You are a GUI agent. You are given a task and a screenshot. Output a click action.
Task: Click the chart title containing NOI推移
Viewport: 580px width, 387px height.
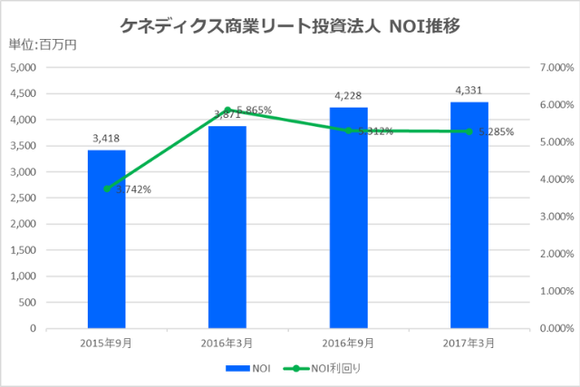click(x=290, y=26)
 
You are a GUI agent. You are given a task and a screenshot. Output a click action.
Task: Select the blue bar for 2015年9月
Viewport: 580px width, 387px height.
click(x=106, y=238)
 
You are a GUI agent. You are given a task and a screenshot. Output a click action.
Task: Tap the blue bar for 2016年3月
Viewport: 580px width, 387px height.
click(x=227, y=227)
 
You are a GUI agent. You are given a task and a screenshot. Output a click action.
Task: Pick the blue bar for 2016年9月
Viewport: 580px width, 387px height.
click(x=348, y=218)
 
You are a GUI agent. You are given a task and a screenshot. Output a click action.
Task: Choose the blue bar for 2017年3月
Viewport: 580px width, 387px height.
click(x=469, y=215)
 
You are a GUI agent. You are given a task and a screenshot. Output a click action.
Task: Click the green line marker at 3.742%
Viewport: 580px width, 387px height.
click(x=107, y=189)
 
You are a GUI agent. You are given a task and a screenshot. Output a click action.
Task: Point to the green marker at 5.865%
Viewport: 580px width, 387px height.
click(x=227, y=110)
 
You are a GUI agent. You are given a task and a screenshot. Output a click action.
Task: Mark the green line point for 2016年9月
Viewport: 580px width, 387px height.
click(x=348, y=131)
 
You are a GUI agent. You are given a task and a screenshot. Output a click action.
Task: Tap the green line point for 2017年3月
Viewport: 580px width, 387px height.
click(x=469, y=131)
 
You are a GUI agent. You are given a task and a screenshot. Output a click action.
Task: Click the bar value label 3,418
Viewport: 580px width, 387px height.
click(x=106, y=139)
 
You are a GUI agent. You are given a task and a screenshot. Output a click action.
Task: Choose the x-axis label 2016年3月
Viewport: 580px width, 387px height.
click(x=227, y=343)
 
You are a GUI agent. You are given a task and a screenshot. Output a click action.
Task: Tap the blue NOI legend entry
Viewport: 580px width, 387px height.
click(x=254, y=369)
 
